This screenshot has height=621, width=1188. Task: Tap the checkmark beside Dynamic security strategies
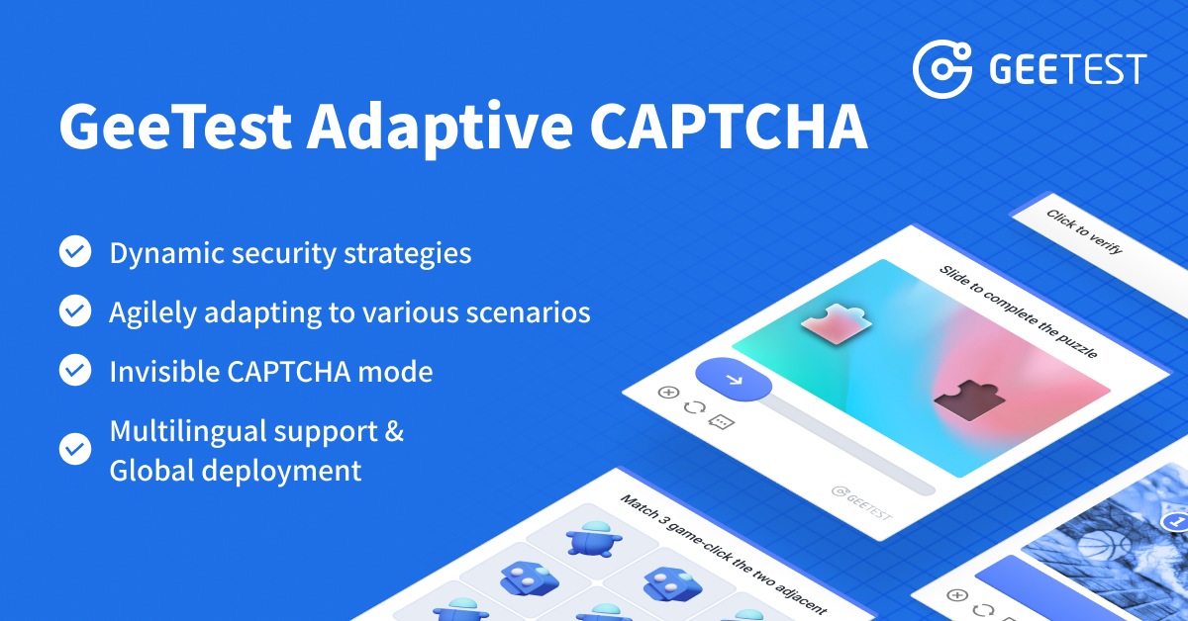coord(75,252)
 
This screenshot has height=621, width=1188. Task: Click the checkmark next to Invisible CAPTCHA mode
coord(75,371)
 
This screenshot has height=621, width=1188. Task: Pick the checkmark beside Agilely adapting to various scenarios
coord(75,311)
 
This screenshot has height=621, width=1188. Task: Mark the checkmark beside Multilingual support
coord(75,449)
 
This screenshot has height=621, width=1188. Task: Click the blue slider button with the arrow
coord(734,379)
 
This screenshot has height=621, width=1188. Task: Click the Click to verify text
coord(1084,231)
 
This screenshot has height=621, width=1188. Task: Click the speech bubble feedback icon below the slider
coord(722,422)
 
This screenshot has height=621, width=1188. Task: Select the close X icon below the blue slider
coord(668,392)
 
